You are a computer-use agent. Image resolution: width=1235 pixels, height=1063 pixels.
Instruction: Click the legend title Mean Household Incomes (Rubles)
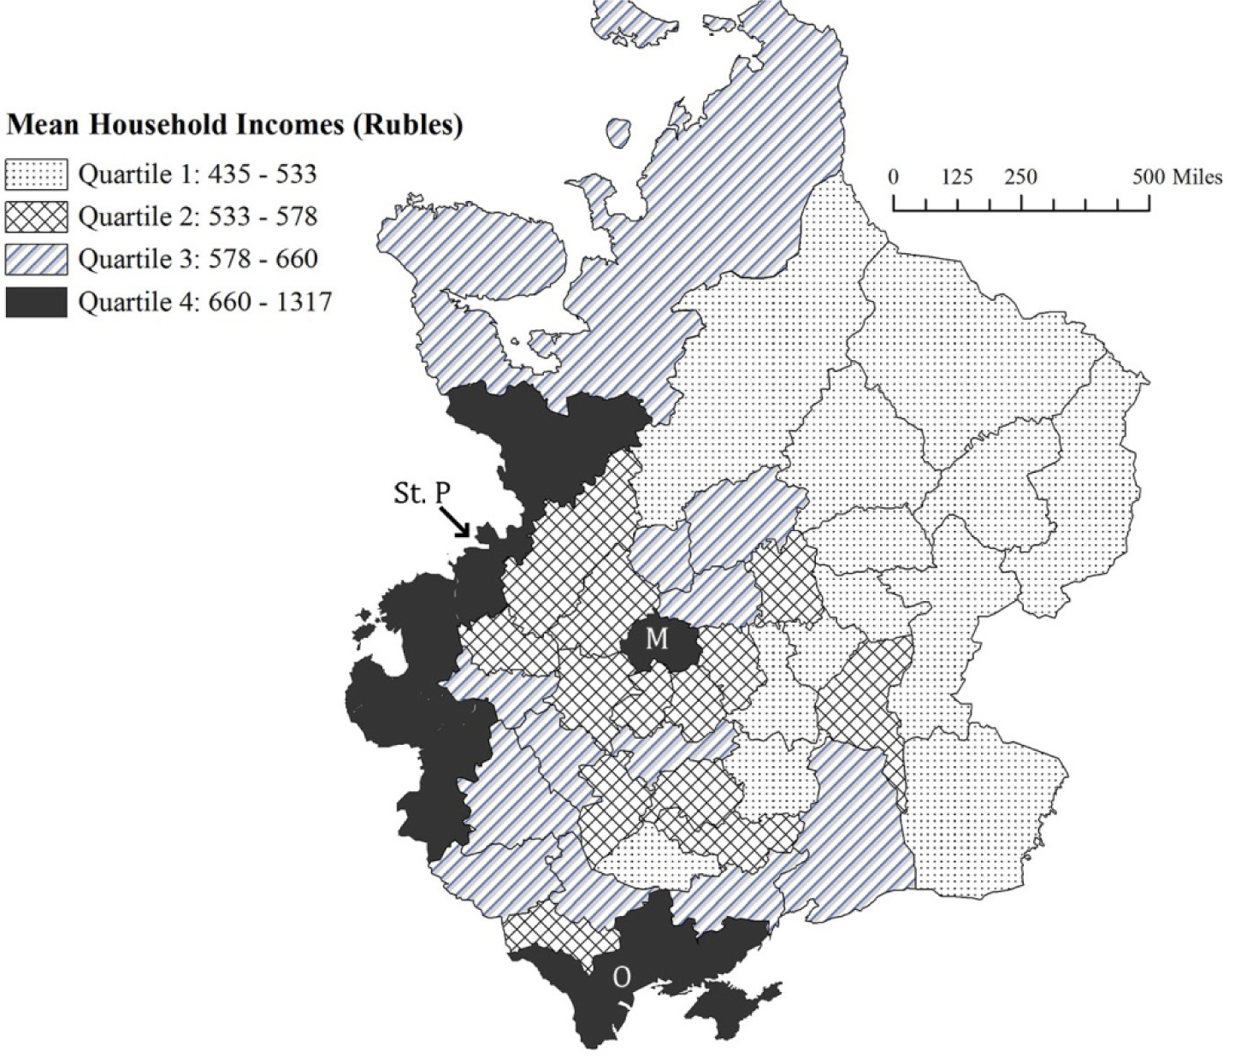(x=235, y=126)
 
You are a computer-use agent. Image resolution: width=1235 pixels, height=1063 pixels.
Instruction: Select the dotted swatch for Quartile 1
(x=36, y=175)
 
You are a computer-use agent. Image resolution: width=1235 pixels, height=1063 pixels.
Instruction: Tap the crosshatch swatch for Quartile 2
(x=36, y=217)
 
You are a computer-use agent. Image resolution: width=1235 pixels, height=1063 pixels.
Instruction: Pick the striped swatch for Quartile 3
(x=36, y=259)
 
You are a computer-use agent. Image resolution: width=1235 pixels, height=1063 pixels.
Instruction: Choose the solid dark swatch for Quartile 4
(x=36, y=302)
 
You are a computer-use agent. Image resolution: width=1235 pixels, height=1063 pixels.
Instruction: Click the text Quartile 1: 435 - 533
(x=198, y=175)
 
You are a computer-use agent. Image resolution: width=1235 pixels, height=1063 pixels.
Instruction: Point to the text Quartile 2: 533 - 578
(x=198, y=217)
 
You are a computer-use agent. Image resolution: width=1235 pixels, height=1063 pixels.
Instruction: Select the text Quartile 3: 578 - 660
(x=198, y=259)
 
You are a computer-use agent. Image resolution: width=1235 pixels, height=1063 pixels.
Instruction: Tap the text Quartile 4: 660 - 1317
(x=204, y=302)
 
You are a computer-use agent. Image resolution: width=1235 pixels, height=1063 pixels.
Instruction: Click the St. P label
(x=421, y=494)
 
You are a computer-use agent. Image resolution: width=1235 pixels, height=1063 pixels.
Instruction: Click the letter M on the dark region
(x=656, y=639)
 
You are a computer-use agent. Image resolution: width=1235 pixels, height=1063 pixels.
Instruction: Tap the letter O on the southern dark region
(x=622, y=978)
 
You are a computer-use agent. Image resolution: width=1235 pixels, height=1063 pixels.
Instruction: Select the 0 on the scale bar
(x=894, y=178)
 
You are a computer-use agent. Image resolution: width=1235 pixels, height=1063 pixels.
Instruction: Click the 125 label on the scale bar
(x=957, y=178)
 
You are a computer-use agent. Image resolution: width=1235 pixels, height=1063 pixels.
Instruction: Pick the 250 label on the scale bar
(x=1020, y=178)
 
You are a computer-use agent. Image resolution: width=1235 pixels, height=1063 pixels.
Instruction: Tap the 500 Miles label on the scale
(x=1177, y=178)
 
